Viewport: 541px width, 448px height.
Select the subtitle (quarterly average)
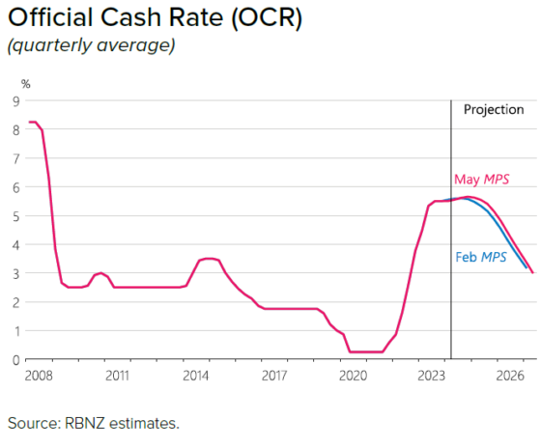point(91,46)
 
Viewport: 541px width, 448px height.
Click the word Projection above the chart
point(494,109)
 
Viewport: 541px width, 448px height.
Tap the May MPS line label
point(481,180)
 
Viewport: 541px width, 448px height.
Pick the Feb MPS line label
point(480,258)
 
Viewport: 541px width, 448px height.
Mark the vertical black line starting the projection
point(451,290)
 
